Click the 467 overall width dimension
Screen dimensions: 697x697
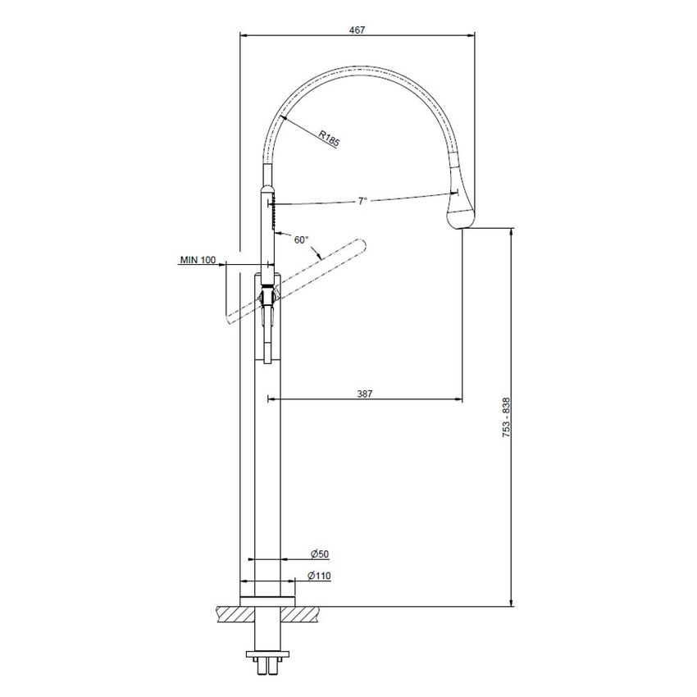[x=356, y=29]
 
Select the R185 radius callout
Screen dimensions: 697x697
[x=329, y=139]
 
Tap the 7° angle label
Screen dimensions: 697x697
[x=362, y=201]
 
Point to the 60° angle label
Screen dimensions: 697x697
[x=302, y=239]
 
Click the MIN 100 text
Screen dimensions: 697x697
[x=198, y=259]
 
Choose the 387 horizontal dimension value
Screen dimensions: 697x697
[x=365, y=394]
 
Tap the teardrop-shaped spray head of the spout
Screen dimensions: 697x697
[x=461, y=208]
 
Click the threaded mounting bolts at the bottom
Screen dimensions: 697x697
[x=266, y=663]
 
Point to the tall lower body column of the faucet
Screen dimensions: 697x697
[x=266, y=476]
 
